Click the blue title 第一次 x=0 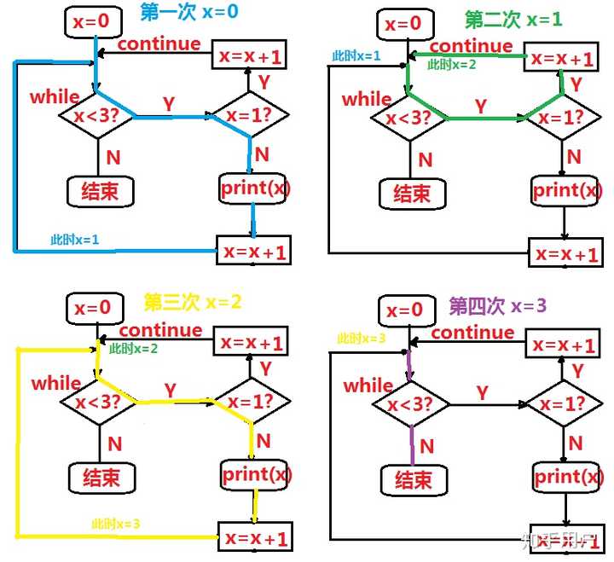[190, 13]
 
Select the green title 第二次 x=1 [513, 19]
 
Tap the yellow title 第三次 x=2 [192, 302]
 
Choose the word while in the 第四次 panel [368, 386]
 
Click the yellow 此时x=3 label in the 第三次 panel [117, 523]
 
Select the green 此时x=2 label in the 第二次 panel [453, 64]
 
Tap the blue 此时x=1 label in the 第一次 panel [75, 240]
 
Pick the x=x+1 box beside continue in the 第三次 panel [252, 343]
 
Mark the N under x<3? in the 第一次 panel [113, 156]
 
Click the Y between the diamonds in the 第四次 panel [482, 392]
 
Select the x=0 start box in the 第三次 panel [93, 308]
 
